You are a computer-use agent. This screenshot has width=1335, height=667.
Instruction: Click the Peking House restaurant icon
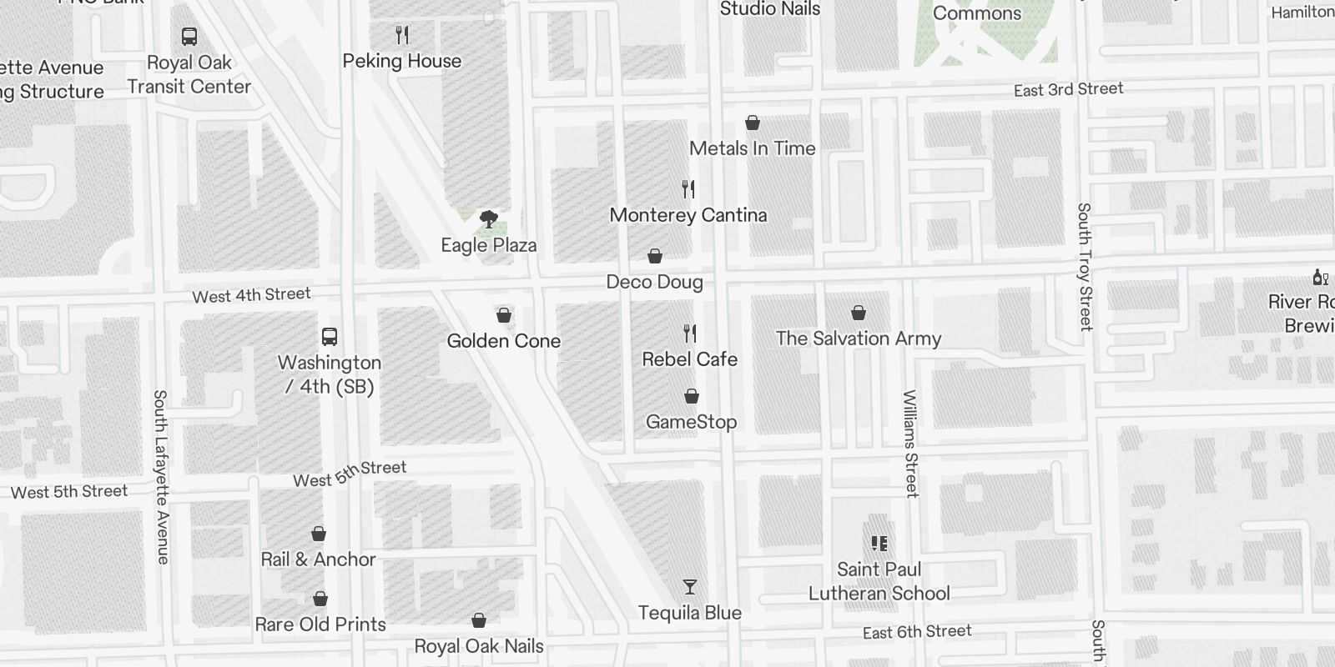[402, 35]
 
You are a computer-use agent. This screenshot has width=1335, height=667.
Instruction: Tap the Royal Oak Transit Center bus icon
[189, 37]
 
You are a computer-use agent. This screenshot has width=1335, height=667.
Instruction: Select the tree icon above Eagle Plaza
[489, 219]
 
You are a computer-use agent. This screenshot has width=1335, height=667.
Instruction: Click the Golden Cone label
[503, 340]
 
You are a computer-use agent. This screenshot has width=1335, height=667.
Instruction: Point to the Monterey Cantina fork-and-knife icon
[688, 189]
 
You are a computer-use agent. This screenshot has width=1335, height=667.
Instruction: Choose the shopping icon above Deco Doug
[655, 256]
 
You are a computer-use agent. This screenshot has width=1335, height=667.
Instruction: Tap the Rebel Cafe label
[689, 359]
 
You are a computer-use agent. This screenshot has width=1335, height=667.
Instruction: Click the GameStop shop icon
[692, 396]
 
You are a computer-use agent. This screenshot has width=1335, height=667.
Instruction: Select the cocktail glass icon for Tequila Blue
[689, 587]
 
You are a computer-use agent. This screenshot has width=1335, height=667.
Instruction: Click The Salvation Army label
[858, 338]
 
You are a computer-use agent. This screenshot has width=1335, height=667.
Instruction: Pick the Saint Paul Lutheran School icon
[879, 544]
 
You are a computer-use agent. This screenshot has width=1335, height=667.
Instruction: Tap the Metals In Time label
[752, 148]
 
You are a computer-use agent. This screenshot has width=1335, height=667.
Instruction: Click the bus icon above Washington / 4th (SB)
[330, 337]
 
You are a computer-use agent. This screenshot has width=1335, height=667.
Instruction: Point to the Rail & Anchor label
[318, 559]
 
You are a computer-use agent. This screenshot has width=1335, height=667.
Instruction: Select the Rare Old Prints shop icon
[320, 599]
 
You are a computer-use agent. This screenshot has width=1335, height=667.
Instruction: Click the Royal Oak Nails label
[479, 646]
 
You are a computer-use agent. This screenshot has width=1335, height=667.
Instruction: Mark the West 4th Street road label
[251, 295]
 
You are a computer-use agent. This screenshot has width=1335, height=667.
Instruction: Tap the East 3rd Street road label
[1068, 89]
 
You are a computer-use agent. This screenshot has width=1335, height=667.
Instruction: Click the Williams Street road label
[910, 444]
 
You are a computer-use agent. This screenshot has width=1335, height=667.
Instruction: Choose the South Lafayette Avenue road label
[161, 477]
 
